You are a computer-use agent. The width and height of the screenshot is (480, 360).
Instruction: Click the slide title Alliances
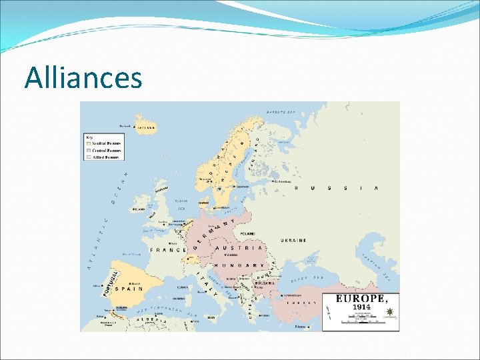point(83,78)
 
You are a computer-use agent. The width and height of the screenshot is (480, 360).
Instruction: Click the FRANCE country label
point(167,250)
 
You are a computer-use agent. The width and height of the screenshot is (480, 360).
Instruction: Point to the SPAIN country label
point(131,289)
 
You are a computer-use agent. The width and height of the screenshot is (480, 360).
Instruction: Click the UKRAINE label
point(293,240)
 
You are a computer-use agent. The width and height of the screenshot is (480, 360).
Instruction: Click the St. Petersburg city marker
point(273,181)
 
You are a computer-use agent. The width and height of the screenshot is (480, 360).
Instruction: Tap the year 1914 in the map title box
point(361,307)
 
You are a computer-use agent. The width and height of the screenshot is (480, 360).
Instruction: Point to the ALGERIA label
point(152,321)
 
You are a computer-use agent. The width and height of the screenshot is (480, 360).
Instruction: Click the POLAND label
point(247,233)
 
